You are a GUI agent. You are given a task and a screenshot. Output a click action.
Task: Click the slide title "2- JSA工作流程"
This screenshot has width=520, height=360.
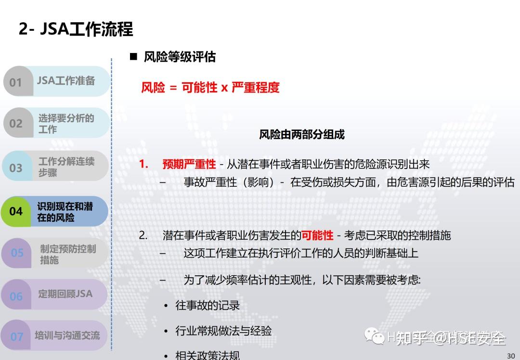point(76,29)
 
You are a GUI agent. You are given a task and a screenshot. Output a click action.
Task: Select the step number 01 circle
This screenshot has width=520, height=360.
point(16,82)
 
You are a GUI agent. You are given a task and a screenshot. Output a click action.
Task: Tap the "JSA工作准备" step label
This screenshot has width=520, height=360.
point(66,81)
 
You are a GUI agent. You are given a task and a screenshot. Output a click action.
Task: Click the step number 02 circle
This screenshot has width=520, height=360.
point(16,123)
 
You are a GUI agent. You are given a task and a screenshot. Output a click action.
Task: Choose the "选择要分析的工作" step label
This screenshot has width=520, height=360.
point(66,123)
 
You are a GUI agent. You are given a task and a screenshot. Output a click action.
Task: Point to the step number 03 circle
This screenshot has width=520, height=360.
point(16,167)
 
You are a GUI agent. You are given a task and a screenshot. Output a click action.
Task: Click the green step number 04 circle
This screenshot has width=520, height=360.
point(16,211)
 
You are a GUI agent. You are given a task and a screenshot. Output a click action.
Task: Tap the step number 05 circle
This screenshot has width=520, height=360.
point(17,253)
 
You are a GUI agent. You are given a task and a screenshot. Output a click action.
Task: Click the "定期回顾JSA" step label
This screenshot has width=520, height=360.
point(65,294)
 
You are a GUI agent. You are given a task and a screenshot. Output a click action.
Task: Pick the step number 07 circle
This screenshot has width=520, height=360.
point(17,336)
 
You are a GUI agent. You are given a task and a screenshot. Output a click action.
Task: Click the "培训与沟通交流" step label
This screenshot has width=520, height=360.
point(67,335)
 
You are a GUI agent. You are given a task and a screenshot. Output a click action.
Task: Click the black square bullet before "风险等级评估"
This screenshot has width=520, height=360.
point(134,57)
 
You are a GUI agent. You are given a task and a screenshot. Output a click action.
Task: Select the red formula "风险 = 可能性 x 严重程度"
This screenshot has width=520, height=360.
point(210,88)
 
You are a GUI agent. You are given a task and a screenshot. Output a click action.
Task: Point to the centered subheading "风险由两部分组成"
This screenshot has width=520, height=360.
point(302,135)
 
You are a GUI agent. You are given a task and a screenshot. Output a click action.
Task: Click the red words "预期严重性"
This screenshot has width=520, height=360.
point(189,165)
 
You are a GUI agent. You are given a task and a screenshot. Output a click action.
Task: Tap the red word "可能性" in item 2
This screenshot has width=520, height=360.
point(317,235)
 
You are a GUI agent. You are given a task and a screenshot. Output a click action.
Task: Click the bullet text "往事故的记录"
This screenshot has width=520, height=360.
point(208,305)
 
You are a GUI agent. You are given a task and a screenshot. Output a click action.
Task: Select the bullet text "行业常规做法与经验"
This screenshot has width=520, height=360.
point(223,331)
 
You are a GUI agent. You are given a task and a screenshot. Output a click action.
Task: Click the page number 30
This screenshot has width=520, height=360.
point(511,356)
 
